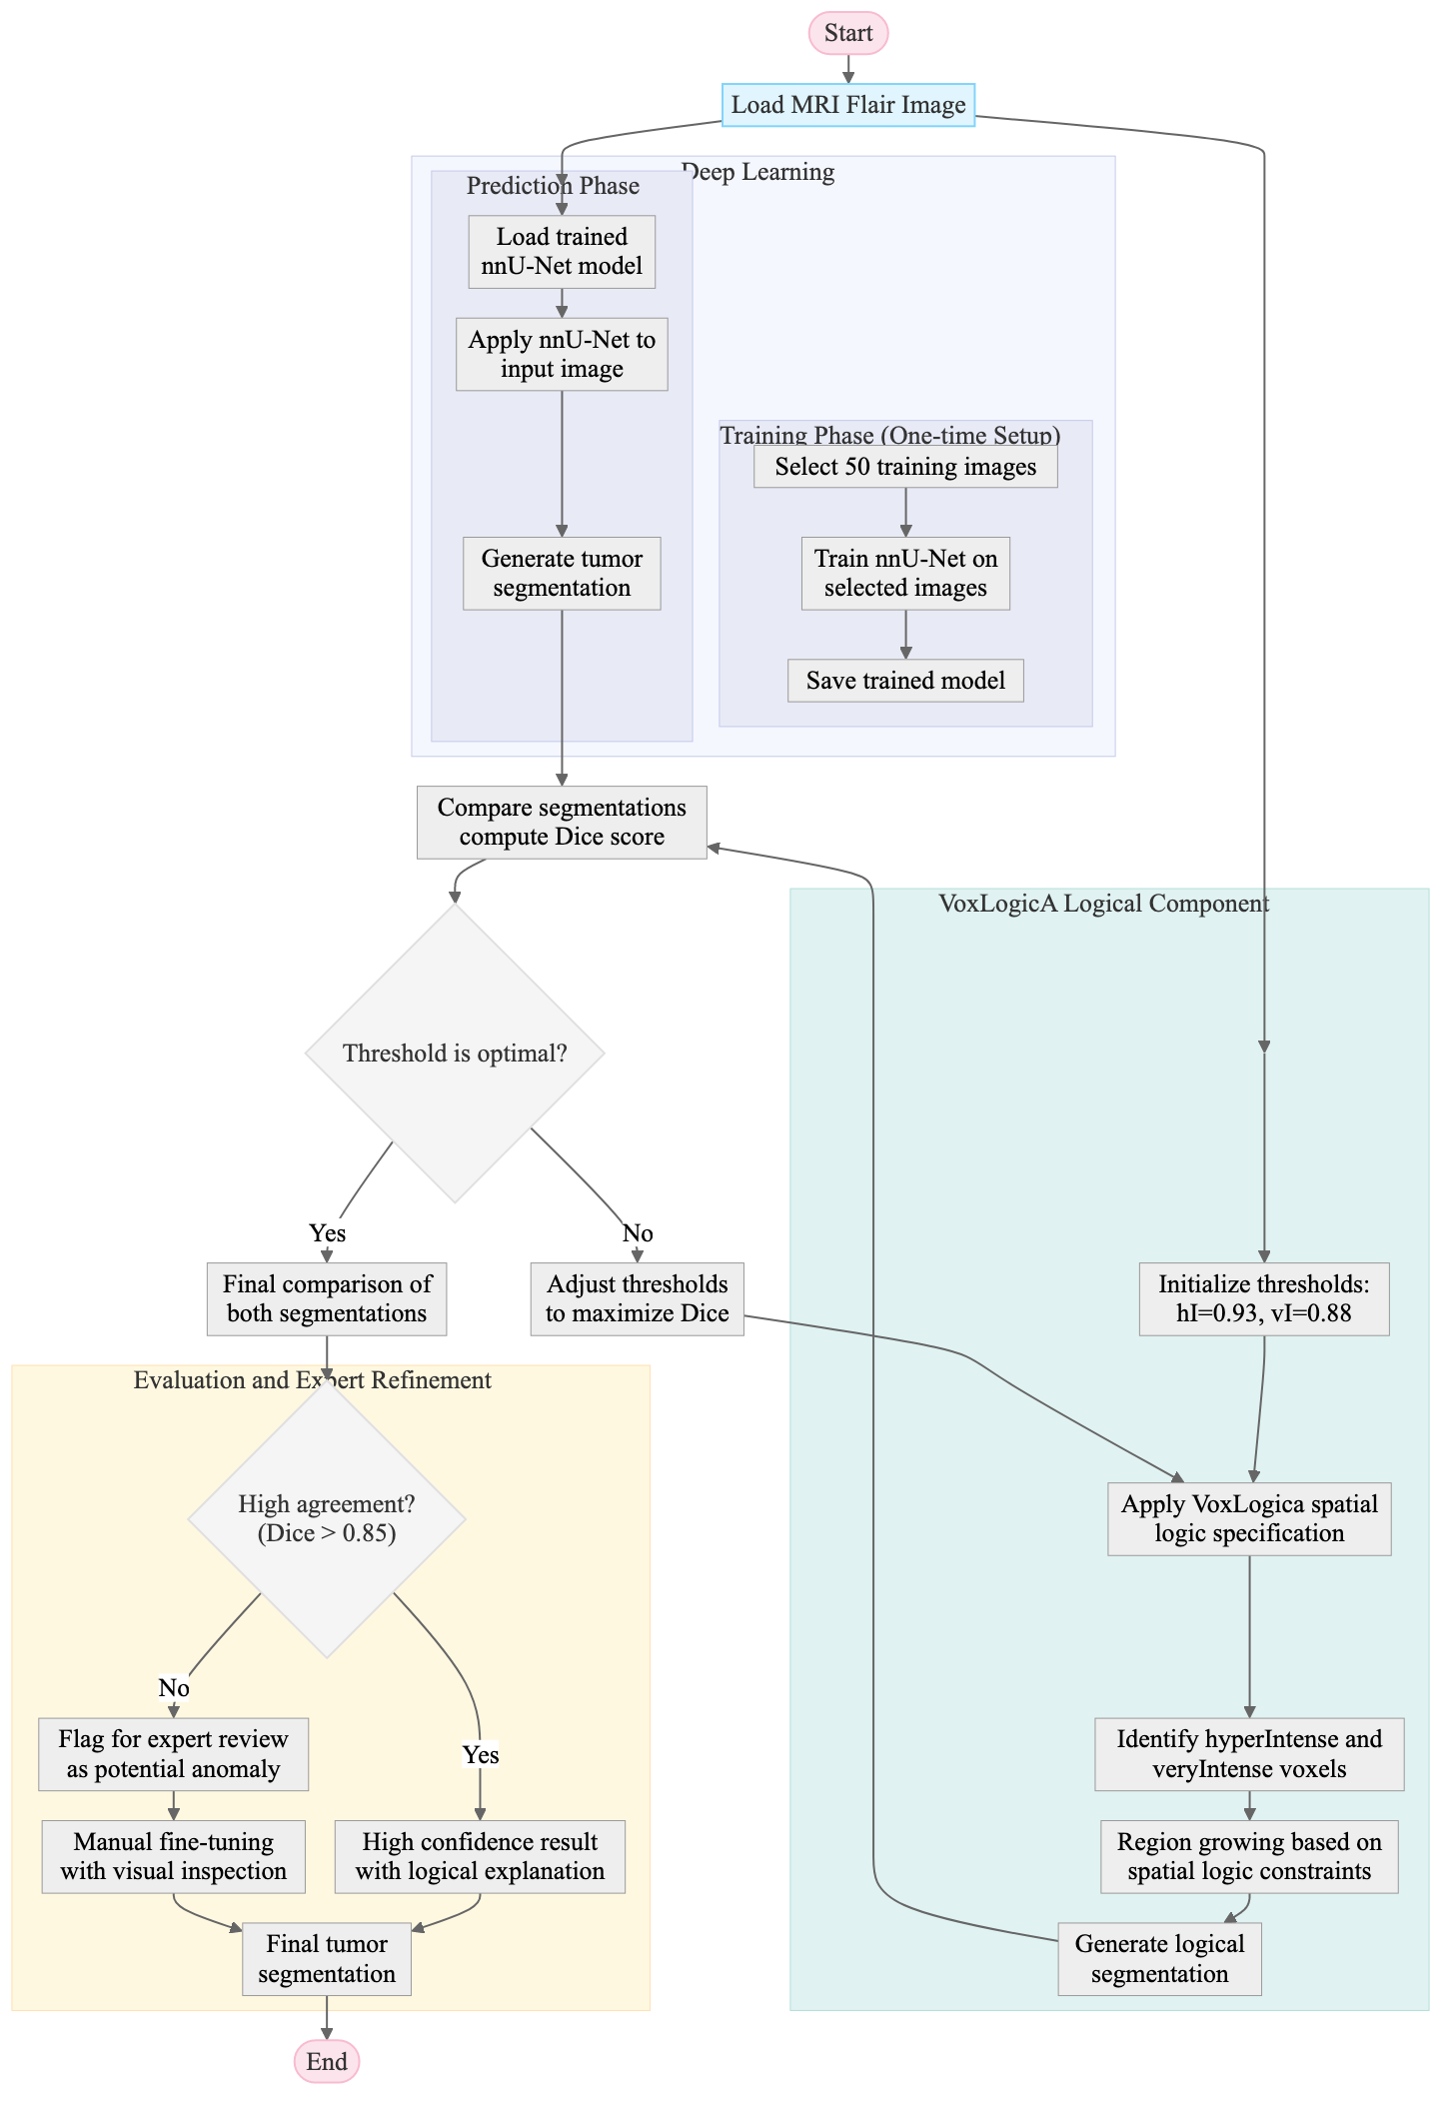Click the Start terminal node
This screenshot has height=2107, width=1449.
[847, 33]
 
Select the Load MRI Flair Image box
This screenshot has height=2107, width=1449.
[847, 105]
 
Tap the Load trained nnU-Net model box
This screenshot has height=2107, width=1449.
[562, 251]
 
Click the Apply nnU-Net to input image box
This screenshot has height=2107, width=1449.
[562, 354]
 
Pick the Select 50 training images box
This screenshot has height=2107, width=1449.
[905, 467]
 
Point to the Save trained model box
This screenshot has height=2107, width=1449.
[905, 680]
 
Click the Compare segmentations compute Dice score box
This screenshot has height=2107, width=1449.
[562, 822]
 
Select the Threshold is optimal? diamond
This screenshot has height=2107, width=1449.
[455, 1053]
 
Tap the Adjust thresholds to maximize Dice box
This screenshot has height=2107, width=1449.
[637, 1298]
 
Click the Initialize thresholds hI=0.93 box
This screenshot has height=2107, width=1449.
[1264, 1298]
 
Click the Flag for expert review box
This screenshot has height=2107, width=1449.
[173, 1753]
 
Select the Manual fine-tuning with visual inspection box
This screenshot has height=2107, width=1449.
[173, 1856]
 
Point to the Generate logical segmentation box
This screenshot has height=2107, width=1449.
[1159, 1958]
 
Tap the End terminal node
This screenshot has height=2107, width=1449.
[327, 2061]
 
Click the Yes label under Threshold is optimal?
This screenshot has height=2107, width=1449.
[327, 1232]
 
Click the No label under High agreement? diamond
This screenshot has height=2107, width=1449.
[173, 1687]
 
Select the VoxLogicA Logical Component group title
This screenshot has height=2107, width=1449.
[1104, 904]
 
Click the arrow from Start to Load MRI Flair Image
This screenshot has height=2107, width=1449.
[847, 68]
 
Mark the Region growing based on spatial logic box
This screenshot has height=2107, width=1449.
[1249, 1856]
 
